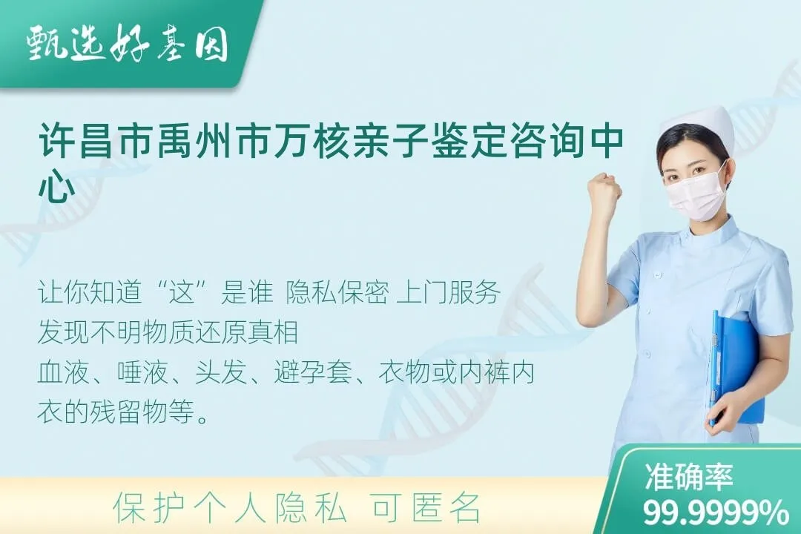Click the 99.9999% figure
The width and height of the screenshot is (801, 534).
(716, 512)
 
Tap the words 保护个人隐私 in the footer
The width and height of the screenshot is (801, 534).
(230, 508)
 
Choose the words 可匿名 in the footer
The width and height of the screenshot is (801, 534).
(425, 508)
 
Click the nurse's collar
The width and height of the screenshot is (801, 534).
(705, 236)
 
